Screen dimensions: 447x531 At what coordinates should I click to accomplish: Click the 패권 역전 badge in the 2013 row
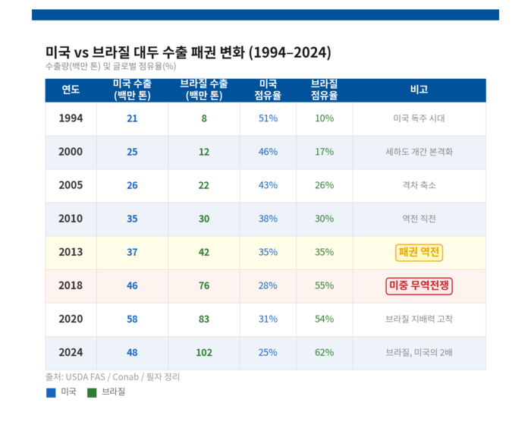419,252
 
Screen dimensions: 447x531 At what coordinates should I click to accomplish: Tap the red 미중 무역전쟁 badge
419,286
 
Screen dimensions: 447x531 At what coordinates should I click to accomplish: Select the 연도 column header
71,90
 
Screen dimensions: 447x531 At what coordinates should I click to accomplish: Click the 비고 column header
419,90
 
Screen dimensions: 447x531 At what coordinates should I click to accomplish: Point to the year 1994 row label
71,118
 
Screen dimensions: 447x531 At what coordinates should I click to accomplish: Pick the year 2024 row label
71,352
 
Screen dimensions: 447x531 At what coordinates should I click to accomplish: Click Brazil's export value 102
204,352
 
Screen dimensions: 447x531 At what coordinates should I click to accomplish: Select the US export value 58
132,319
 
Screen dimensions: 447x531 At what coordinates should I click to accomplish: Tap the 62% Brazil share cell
324,352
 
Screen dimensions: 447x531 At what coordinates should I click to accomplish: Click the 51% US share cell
268,118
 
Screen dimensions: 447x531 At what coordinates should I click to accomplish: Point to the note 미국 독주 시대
419,118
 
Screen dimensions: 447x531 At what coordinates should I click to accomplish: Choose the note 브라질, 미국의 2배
419,352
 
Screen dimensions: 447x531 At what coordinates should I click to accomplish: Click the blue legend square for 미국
51,392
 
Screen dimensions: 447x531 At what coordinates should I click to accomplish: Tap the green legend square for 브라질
92,392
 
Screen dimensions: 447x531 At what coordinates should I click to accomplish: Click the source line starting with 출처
112,376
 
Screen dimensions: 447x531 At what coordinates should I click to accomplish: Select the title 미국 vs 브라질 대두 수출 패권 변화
188,52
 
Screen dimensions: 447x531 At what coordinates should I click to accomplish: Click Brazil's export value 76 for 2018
204,286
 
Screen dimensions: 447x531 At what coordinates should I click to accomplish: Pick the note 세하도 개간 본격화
419,152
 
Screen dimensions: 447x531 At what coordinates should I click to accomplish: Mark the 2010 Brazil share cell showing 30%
324,219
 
